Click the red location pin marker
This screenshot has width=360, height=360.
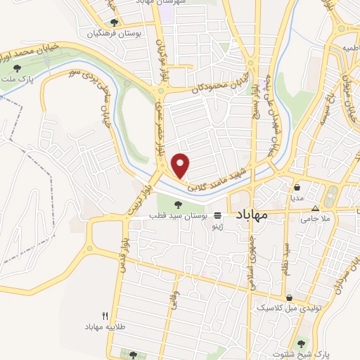[181, 165]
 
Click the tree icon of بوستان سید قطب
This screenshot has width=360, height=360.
[178, 205]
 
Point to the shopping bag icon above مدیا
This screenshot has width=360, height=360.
[298, 188]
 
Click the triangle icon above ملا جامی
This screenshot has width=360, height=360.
[315, 208]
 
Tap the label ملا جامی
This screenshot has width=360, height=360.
[315, 218]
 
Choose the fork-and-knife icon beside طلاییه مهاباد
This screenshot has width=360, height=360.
[105, 316]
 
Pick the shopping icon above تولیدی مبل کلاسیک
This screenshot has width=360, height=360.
[290, 297]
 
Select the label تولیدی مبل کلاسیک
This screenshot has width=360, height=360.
[281, 308]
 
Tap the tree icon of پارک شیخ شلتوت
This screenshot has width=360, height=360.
[302, 343]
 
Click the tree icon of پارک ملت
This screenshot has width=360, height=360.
[17, 67]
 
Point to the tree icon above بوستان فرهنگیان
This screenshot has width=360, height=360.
[114, 22]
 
